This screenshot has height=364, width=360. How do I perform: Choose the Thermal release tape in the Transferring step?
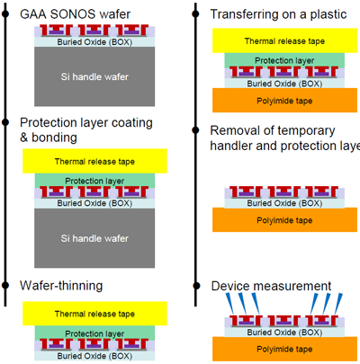click(x=280, y=41)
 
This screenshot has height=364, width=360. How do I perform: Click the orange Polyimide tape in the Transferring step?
click(x=280, y=99)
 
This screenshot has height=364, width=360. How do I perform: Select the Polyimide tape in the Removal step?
click(x=280, y=218)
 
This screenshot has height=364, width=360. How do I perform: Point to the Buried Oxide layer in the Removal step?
click(x=280, y=203)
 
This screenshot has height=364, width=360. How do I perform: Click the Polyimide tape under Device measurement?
click(x=280, y=348)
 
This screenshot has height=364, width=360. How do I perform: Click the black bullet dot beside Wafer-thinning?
click(x=6, y=285)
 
